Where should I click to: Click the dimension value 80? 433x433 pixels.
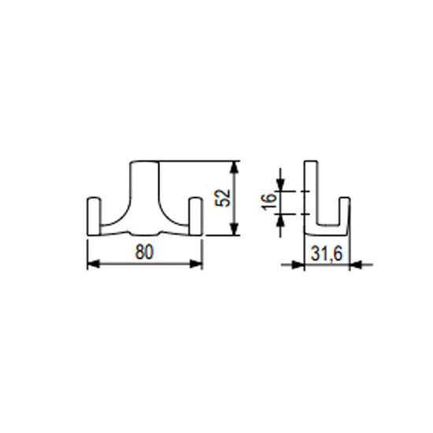pos(144,252)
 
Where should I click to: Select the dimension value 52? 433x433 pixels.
pos(223,198)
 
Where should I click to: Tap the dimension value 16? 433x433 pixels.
pos(269,202)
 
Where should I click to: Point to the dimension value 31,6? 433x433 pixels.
pos(327,254)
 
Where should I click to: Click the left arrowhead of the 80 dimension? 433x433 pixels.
pos(94,264)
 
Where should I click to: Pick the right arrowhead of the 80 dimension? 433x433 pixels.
pos(196,264)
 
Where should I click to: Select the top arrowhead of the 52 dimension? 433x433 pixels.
pos(234,167)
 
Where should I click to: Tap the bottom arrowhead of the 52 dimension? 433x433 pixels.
pos(234,229)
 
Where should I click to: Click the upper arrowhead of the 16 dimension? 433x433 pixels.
pos(280,185)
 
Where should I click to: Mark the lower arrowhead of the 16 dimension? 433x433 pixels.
pos(280,220)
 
